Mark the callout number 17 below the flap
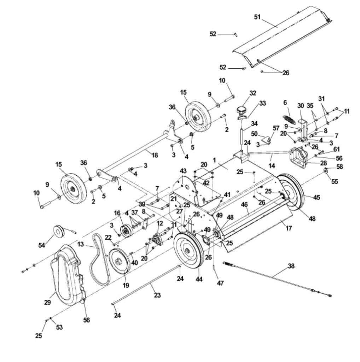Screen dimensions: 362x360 (x=289, y=228)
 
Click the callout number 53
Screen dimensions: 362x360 (x=59, y=327)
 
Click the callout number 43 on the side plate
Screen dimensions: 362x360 (x=183, y=171)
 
